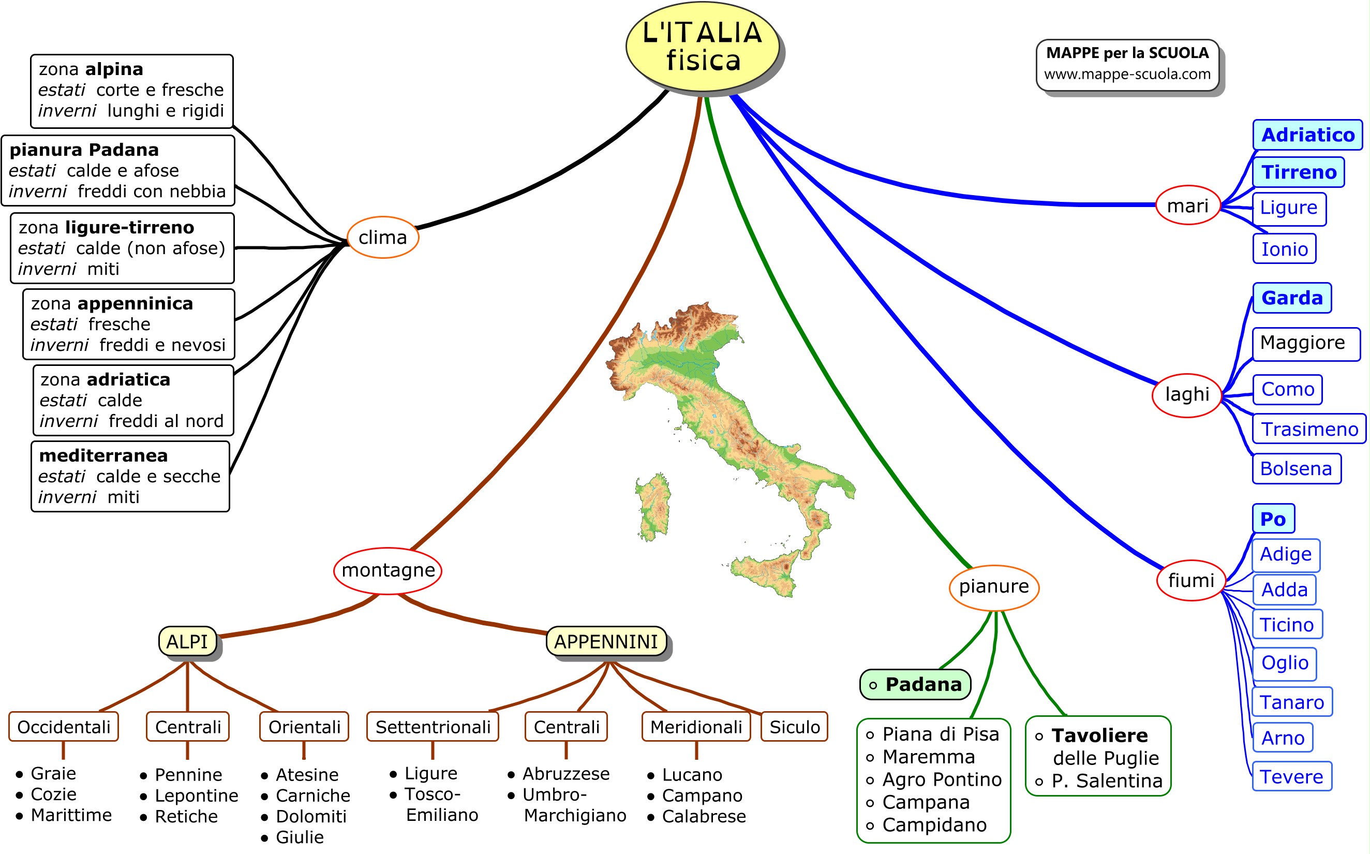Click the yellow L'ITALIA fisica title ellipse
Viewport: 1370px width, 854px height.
(702, 46)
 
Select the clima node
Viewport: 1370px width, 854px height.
(382, 237)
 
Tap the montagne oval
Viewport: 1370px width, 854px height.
(388, 570)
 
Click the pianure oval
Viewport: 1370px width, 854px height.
(993, 587)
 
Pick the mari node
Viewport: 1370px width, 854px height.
(1188, 205)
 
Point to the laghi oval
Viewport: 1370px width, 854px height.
(1186, 394)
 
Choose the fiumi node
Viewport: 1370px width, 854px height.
(1190, 580)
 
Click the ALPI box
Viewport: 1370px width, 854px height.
(187, 642)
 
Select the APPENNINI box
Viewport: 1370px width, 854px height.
(606, 642)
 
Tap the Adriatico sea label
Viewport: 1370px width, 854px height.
(1307, 135)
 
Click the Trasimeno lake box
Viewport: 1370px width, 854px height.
(1309, 429)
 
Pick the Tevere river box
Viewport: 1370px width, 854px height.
(1291, 776)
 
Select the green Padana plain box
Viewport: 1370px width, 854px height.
(915, 685)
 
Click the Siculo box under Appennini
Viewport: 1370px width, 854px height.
(794, 727)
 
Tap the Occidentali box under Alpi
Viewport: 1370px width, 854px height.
(64, 727)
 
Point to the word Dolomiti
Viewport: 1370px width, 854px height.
(311, 816)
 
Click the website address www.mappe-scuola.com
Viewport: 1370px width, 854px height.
(1127, 74)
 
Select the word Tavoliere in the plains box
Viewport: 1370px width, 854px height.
(1099, 735)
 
